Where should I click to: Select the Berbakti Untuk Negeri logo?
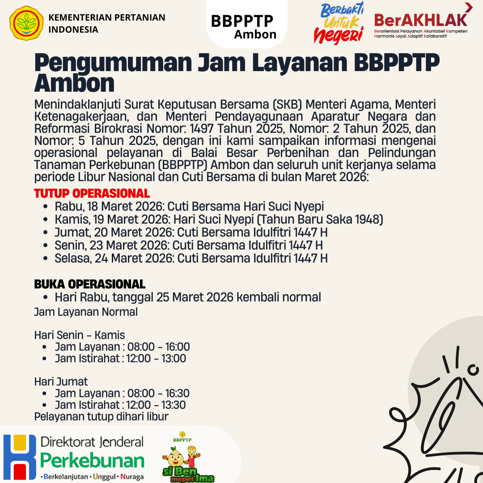pos(339,23)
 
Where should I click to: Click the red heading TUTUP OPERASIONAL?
pos(92,194)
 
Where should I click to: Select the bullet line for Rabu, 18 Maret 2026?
pos(189,207)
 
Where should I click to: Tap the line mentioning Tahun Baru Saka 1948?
pos(219,220)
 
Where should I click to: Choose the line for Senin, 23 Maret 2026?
pos(188,246)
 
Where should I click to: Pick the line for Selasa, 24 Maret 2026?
pos(191,258)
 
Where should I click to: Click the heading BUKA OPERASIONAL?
pos(89,284)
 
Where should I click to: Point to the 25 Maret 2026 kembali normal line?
pos(188,297)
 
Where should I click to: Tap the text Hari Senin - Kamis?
pos(80,335)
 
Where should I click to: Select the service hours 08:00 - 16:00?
pos(158,347)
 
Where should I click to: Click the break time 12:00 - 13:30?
pos(157,405)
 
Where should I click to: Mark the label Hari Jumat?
pos(61,381)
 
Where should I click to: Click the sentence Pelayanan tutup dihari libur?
pos(101,417)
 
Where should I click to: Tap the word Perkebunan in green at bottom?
pos(92,461)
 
